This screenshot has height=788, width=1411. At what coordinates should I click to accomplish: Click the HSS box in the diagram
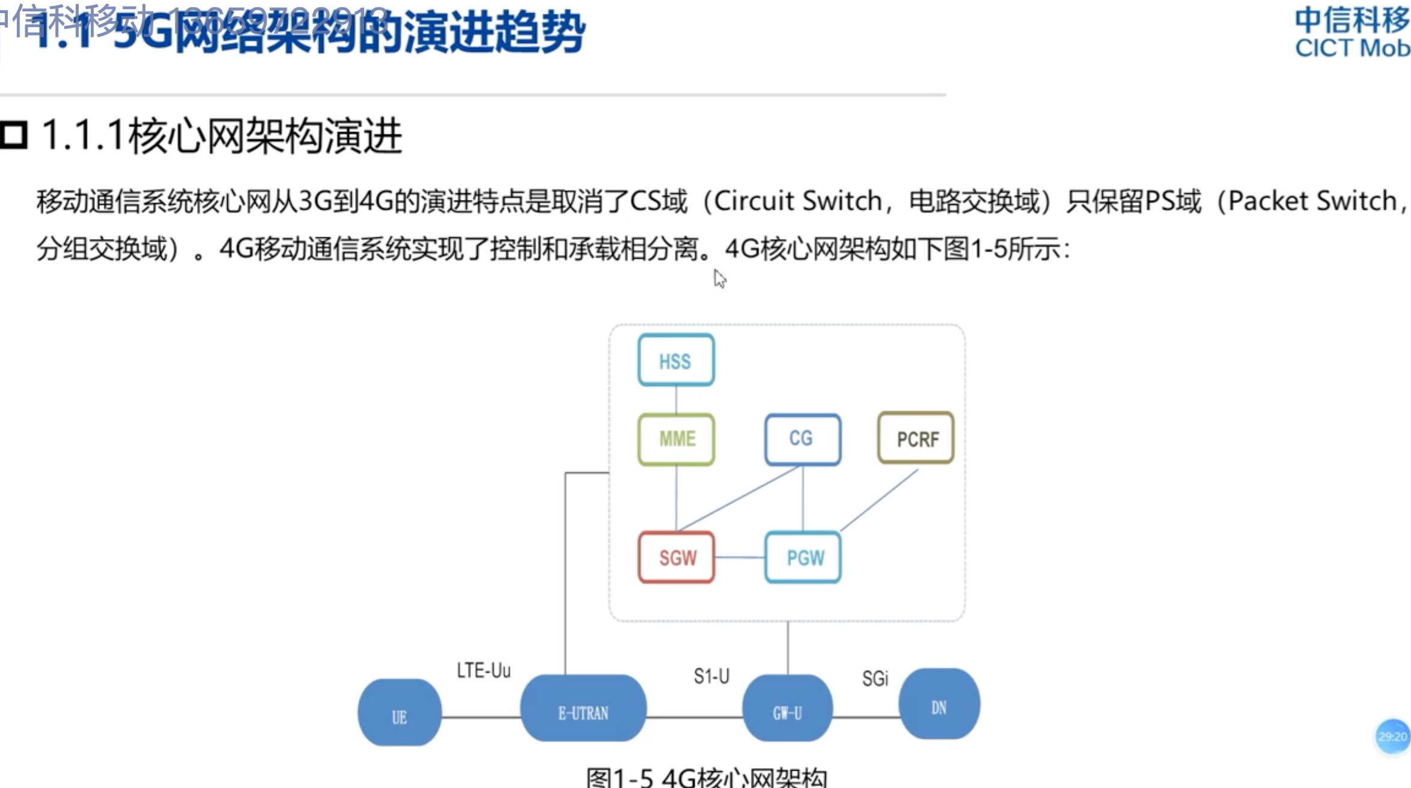pyautogui.click(x=676, y=360)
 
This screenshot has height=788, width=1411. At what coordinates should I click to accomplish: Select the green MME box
pyautogui.click(x=677, y=439)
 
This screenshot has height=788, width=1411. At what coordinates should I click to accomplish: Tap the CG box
pyautogui.click(x=802, y=439)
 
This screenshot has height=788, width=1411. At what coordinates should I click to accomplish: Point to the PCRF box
pyautogui.click(x=916, y=438)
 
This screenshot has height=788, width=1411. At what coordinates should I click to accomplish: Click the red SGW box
pyautogui.click(x=677, y=557)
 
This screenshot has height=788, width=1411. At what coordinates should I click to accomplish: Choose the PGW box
pyautogui.click(x=803, y=557)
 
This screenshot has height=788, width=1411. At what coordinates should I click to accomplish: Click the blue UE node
pyautogui.click(x=400, y=713)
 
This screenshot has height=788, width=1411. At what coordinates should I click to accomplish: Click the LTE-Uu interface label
pyautogui.click(x=484, y=670)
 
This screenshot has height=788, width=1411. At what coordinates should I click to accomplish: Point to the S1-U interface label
pyautogui.click(x=712, y=676)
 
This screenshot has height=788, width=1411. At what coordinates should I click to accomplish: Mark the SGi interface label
pyautogui.click(x=875, y=679)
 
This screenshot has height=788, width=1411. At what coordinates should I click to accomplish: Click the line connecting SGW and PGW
pyautogui.click(x=740, y=558)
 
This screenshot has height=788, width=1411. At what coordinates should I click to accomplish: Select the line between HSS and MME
pyautogui.click(x=677, y=400)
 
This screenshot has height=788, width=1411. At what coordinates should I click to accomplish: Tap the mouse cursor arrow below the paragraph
pyautogui.click(x=720, y=279)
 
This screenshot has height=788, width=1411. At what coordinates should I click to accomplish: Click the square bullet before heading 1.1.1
pyautogui.click(x=14, y=135)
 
